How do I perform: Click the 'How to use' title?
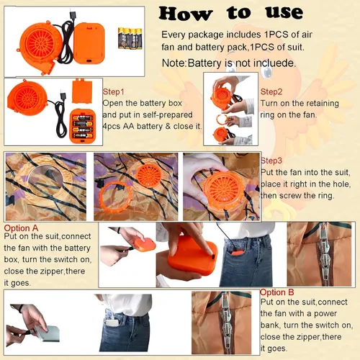point(231,13)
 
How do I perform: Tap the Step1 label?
point(113,92)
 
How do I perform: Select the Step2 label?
point(271,92)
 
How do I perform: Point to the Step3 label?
point(271,161)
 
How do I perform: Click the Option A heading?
point(21,228)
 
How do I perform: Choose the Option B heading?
point(276,292)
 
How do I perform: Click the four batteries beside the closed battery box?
point(130,38)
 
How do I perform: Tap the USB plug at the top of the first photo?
point(72,14)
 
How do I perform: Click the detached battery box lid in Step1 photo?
point(82,91)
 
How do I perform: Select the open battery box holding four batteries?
point(83,126)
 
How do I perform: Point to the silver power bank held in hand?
point(46,333)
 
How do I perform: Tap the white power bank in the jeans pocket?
point(112,322)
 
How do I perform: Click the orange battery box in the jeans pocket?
point(235,253)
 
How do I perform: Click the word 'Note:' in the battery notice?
point(174,63)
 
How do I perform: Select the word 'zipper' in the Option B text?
point(305,337)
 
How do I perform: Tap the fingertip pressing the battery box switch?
point(210,253)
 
